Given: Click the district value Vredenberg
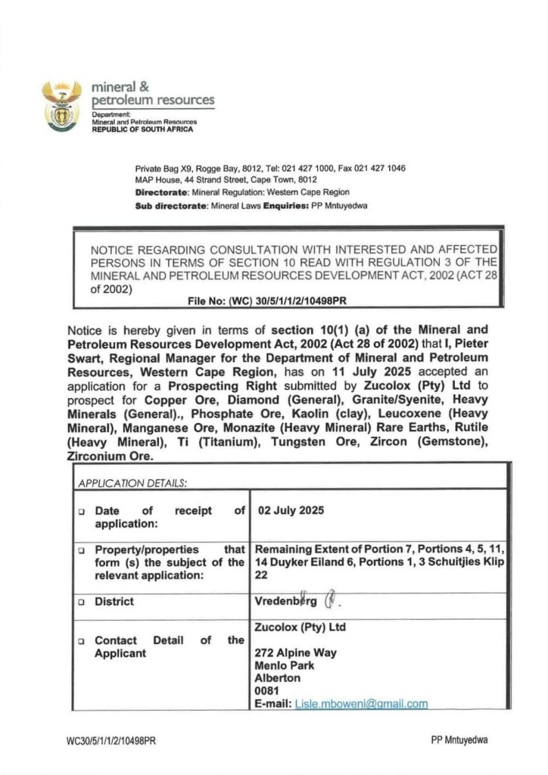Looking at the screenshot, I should coord(286,602).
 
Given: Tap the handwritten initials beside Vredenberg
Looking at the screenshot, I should coord(330,602).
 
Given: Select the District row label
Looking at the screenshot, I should coord(114,602).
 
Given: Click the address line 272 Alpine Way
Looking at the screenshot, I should coord(295,652).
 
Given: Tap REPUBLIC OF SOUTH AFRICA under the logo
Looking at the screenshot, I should coord(142,129).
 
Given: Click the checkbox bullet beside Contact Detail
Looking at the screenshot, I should coord(80,641).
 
